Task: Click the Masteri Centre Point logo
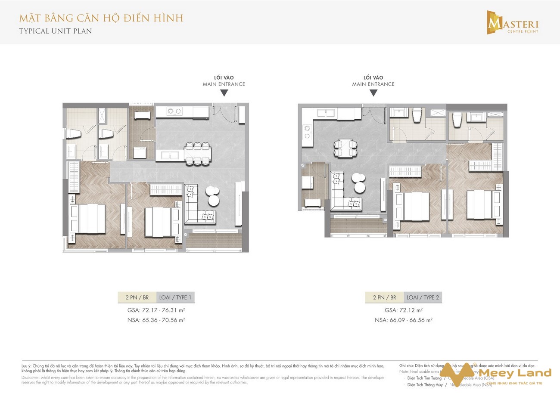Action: coord(512,22)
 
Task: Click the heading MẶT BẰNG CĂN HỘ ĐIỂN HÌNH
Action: coord(101,18)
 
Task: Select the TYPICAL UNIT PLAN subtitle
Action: coord(56,31)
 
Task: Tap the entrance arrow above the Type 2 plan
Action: coord(373,93)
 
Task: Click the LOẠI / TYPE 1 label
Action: coord(176,297)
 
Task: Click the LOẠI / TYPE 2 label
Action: coord(423,297)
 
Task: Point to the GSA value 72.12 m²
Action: coord(404,310)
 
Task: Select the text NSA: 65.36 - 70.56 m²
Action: coord(156,320)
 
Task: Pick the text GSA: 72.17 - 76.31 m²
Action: coord(156,310)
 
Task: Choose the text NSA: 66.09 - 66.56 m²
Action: coord(404,320)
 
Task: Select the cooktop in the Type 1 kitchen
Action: coord(174,111)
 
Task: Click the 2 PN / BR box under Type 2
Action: coord(385,297)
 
